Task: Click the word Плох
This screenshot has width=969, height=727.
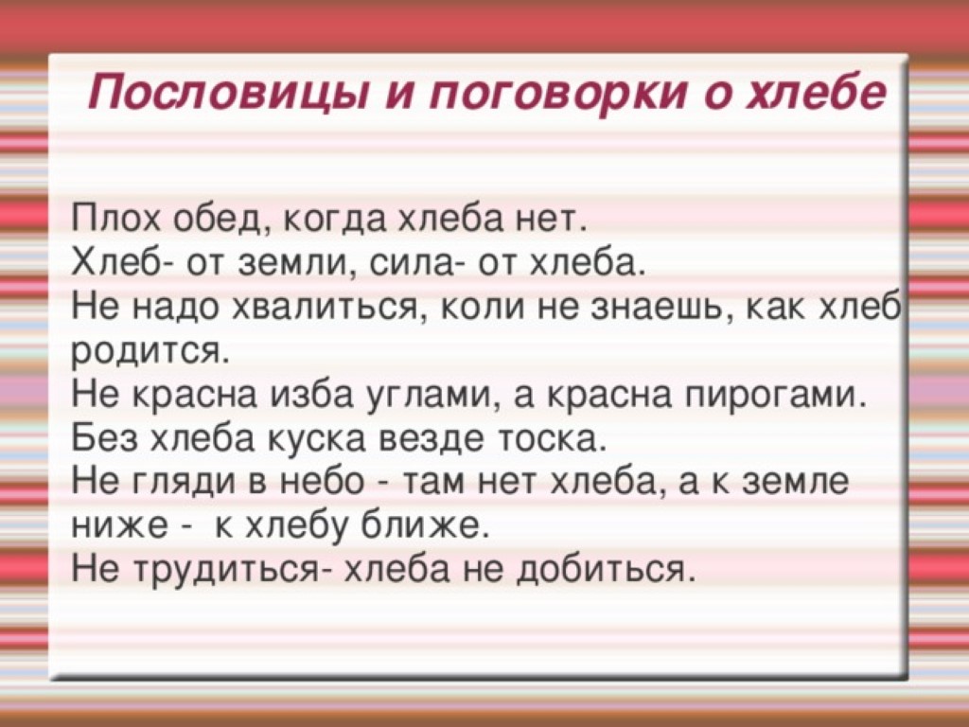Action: coord(115,219)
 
